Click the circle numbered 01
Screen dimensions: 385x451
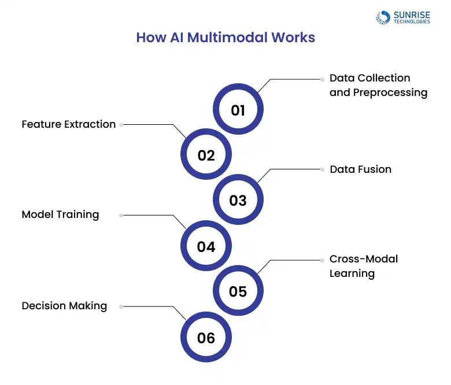coord(238,110)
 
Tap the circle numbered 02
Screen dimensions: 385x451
coord(206,155)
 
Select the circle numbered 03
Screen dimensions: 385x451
coord(238,201)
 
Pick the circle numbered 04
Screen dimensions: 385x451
coord(206,246)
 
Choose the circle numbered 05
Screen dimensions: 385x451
coord(238,291)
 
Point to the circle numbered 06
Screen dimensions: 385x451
coord(206,338)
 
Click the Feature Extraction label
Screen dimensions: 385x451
coord(69,124)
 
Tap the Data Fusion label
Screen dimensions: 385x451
coord(360,169)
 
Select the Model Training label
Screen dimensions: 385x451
coord(60,214)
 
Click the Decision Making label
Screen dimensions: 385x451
coord(64,306)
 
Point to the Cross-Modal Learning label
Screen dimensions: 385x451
coord(363,266)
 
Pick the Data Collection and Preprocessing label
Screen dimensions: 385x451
coord(378,85)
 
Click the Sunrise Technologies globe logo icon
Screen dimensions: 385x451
coord(383,17)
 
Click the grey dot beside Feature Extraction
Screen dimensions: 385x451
coord(121,124)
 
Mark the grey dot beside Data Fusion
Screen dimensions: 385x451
coord(322,169)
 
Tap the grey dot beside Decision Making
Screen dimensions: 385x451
coord(121,306)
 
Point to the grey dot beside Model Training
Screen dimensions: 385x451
coord(121,215)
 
